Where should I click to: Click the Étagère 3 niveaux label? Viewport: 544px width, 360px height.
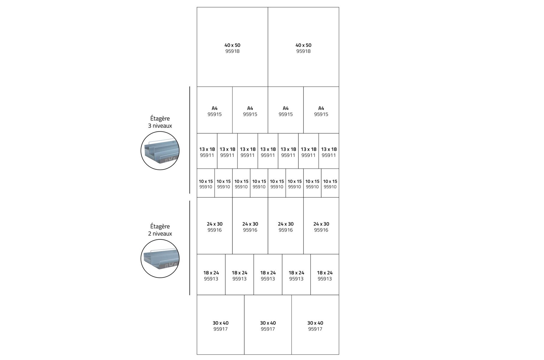point(160,122)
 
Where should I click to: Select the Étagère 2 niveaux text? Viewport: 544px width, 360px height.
point(160,230)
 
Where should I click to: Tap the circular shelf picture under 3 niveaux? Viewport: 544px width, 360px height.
point(160,151)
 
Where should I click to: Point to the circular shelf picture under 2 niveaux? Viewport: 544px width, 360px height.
point(160,259)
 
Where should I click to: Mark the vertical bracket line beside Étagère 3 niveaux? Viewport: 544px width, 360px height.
point(190,140)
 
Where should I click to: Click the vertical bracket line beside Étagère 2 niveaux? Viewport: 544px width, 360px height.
point(190,248)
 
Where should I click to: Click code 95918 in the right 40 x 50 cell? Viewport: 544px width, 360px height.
point(303,51)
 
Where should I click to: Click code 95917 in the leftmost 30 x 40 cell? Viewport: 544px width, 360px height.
point(220,329)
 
